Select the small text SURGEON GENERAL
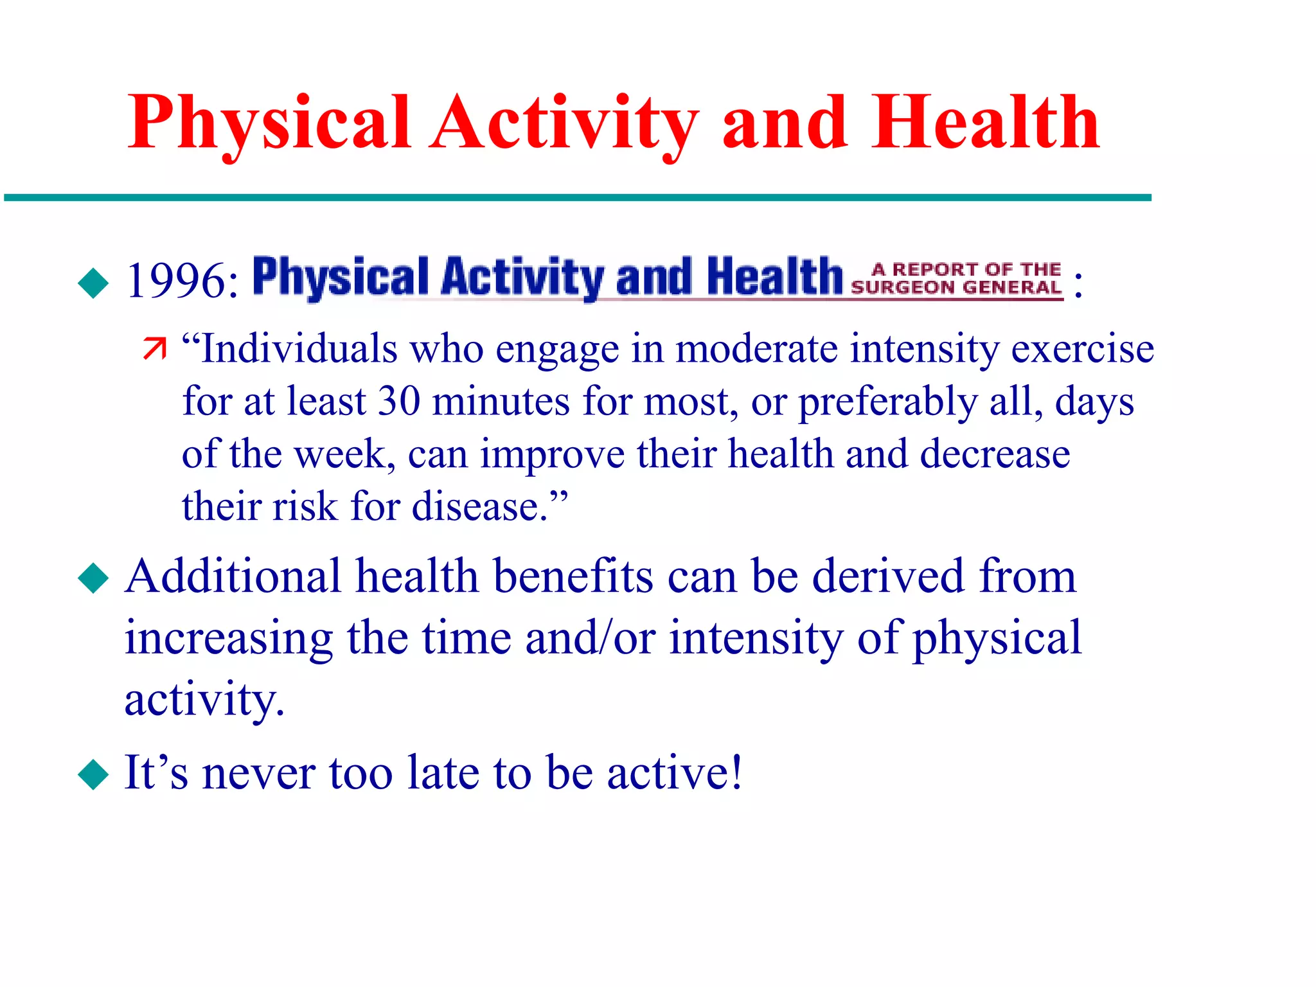[x=956, y=287]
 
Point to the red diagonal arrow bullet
[x=154, y=348]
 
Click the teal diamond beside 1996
[x=94, y=283]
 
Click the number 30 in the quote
[x=399, y=402]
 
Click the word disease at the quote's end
[x=479, y=507]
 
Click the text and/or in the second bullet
[x=590, y=638]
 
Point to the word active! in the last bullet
[x=675, y=772]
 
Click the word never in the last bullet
[x=258, y=773]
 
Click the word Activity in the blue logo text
[x=522, y=278]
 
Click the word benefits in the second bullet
[x=573, y=576]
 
